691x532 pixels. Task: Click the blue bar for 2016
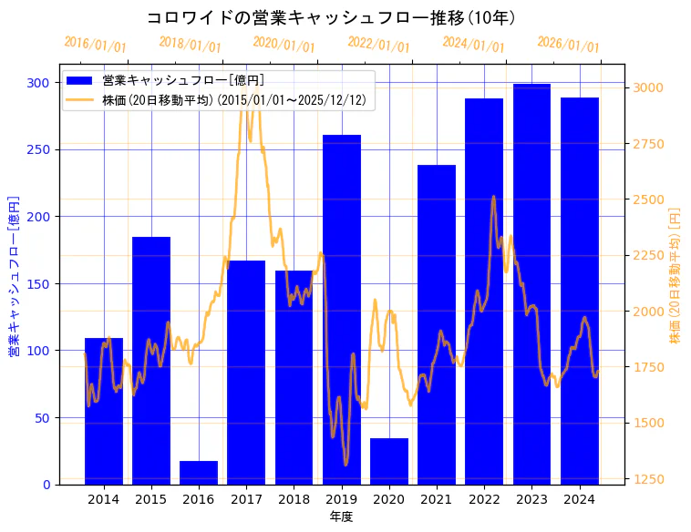[x=199, y=473]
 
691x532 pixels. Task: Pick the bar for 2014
[x=104, y=411]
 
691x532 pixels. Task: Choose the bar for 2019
[x=342, y=310]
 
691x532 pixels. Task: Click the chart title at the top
[x=331, y=17]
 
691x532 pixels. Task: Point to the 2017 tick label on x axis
[x=246, y=498]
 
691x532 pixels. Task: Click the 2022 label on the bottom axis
[x=484, y=498]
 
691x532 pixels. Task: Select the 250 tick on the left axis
[x=38, y=149]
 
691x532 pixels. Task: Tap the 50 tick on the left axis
[x=42, y=418]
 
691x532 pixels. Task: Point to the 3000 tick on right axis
[x=648, y=88]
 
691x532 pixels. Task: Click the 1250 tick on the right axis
[x=648, y=479]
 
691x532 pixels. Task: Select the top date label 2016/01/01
[x=96, y=45]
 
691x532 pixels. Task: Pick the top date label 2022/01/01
[x=379, y=45]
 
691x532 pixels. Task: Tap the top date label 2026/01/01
[x=569, y=45]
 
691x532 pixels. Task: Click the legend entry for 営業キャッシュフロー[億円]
[x=183, y=81]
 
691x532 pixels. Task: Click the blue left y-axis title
[x=14, y=275]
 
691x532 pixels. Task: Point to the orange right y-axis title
[x=676, y=275]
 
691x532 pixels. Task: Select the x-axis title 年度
[x=341, y=517]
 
